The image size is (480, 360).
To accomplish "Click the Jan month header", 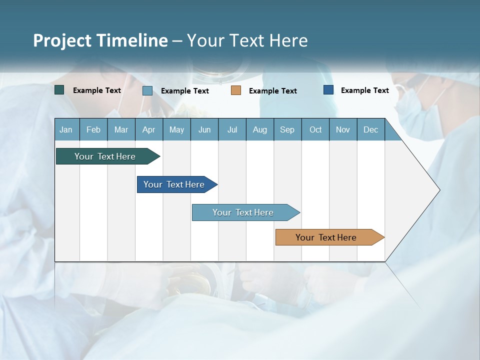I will point(66,129).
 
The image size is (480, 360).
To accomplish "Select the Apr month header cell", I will point(148,129).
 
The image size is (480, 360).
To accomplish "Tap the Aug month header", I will point(259,129).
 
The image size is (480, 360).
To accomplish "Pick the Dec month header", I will point(370,129).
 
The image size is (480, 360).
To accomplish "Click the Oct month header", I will point(315,129).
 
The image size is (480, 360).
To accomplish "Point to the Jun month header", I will point(204,129).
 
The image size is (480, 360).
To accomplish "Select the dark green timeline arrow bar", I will point(105,156).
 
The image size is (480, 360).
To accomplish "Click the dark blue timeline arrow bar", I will point(174,184).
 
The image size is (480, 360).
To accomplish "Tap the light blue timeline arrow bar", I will point(243,212).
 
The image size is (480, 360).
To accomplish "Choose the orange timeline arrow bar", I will point(326,237).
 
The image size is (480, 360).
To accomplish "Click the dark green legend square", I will point(59,90).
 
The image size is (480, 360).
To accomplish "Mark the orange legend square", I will point(236,90).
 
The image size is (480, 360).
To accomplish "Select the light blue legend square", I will point(147,90).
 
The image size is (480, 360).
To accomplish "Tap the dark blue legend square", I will point(328,90).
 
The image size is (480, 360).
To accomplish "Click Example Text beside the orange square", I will point(272,90).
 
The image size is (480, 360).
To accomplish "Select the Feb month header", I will point(93,129).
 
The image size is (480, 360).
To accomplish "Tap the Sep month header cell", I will point(287,129).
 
